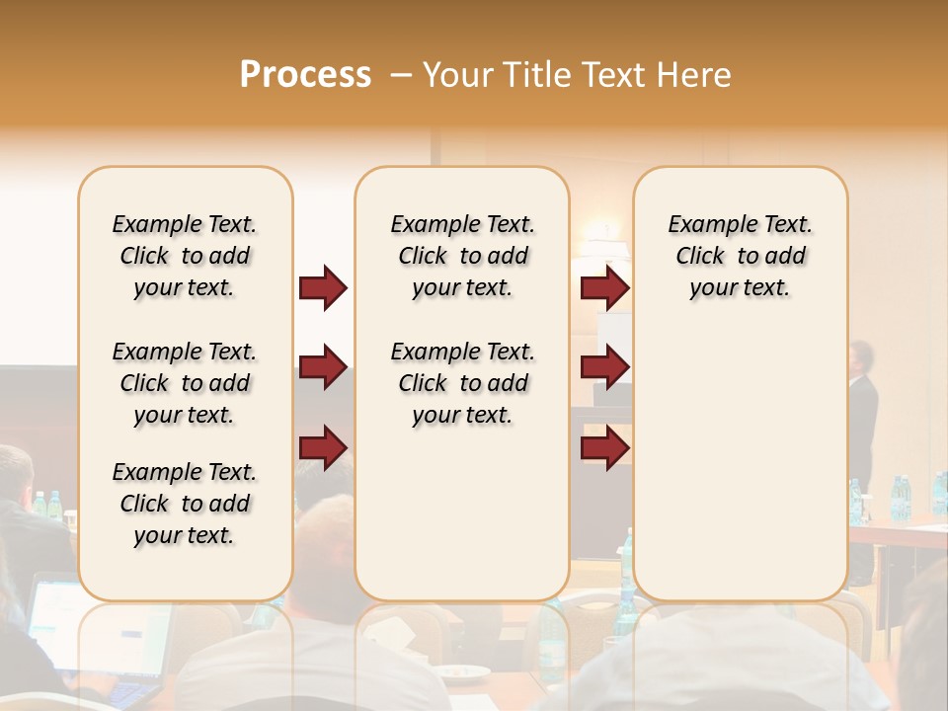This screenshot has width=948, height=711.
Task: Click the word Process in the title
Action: [305, 75]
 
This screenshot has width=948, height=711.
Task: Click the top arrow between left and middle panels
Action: [324, 287]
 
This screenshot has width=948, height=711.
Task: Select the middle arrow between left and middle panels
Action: [324, 367]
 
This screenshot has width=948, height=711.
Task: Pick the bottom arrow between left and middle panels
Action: [324, 447]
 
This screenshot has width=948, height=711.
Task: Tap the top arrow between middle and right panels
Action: [604, 287]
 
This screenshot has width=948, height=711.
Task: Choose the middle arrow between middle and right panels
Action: [604, 367]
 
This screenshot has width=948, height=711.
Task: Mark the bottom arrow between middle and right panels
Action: [604, 447]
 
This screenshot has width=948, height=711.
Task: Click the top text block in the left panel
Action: [185, 256]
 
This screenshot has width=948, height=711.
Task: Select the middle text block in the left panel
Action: [185, 383]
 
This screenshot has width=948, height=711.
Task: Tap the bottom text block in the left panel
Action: [185, 504]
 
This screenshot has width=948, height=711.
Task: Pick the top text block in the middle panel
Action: [462, 256]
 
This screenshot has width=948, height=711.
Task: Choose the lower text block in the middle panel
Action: [462, 383]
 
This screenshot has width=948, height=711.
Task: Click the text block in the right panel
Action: [740, 256]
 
